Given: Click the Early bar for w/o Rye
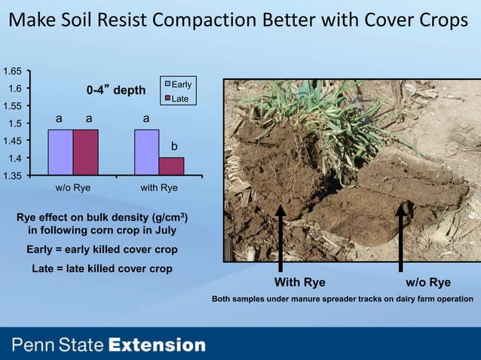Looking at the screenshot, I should (60, 151).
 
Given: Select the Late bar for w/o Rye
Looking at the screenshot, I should (85, 151).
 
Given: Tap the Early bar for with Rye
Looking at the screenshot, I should (147, 151).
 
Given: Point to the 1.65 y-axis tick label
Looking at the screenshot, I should (11, 72).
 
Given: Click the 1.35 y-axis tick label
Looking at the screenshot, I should (11, 175).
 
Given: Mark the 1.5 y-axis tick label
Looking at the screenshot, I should (14, 124).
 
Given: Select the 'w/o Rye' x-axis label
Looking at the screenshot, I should (73, 188).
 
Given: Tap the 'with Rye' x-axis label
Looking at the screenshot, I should (159, 188).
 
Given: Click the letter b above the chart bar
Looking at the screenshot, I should (173, 145).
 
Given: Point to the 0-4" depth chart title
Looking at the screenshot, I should (115, 90).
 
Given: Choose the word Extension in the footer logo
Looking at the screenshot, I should (157, 346).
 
